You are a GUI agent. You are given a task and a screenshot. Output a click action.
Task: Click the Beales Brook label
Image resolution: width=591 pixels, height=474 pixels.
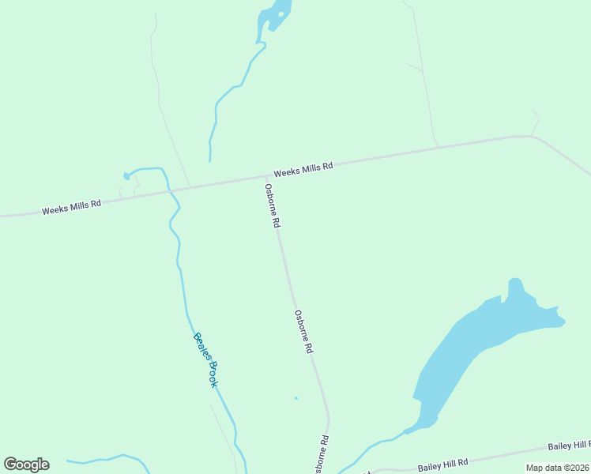[205, 359]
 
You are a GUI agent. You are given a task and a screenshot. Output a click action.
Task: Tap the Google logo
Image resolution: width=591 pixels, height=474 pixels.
[26, 465]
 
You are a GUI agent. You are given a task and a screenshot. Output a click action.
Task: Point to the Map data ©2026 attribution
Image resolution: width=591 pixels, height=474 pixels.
[557, 468]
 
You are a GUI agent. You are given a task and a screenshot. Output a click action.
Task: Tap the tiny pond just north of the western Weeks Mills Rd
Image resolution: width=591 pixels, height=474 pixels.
[126, 175]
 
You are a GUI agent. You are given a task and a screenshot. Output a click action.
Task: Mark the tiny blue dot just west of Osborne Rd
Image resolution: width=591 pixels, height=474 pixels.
[296, 397]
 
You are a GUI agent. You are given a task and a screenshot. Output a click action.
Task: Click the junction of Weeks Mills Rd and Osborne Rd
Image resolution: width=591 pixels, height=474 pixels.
[263, 176]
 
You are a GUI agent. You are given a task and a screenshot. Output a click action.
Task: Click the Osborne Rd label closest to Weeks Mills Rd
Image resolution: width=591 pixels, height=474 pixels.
[273, 206]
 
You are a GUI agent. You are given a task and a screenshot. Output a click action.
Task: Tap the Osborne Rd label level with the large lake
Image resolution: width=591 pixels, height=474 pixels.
[305, 331]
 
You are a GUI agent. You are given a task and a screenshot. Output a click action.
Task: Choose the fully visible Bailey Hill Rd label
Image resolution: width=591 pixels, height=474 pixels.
[443, 463]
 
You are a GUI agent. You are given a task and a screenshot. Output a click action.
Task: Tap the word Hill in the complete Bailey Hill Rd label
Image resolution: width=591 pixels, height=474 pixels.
[445, 462]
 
